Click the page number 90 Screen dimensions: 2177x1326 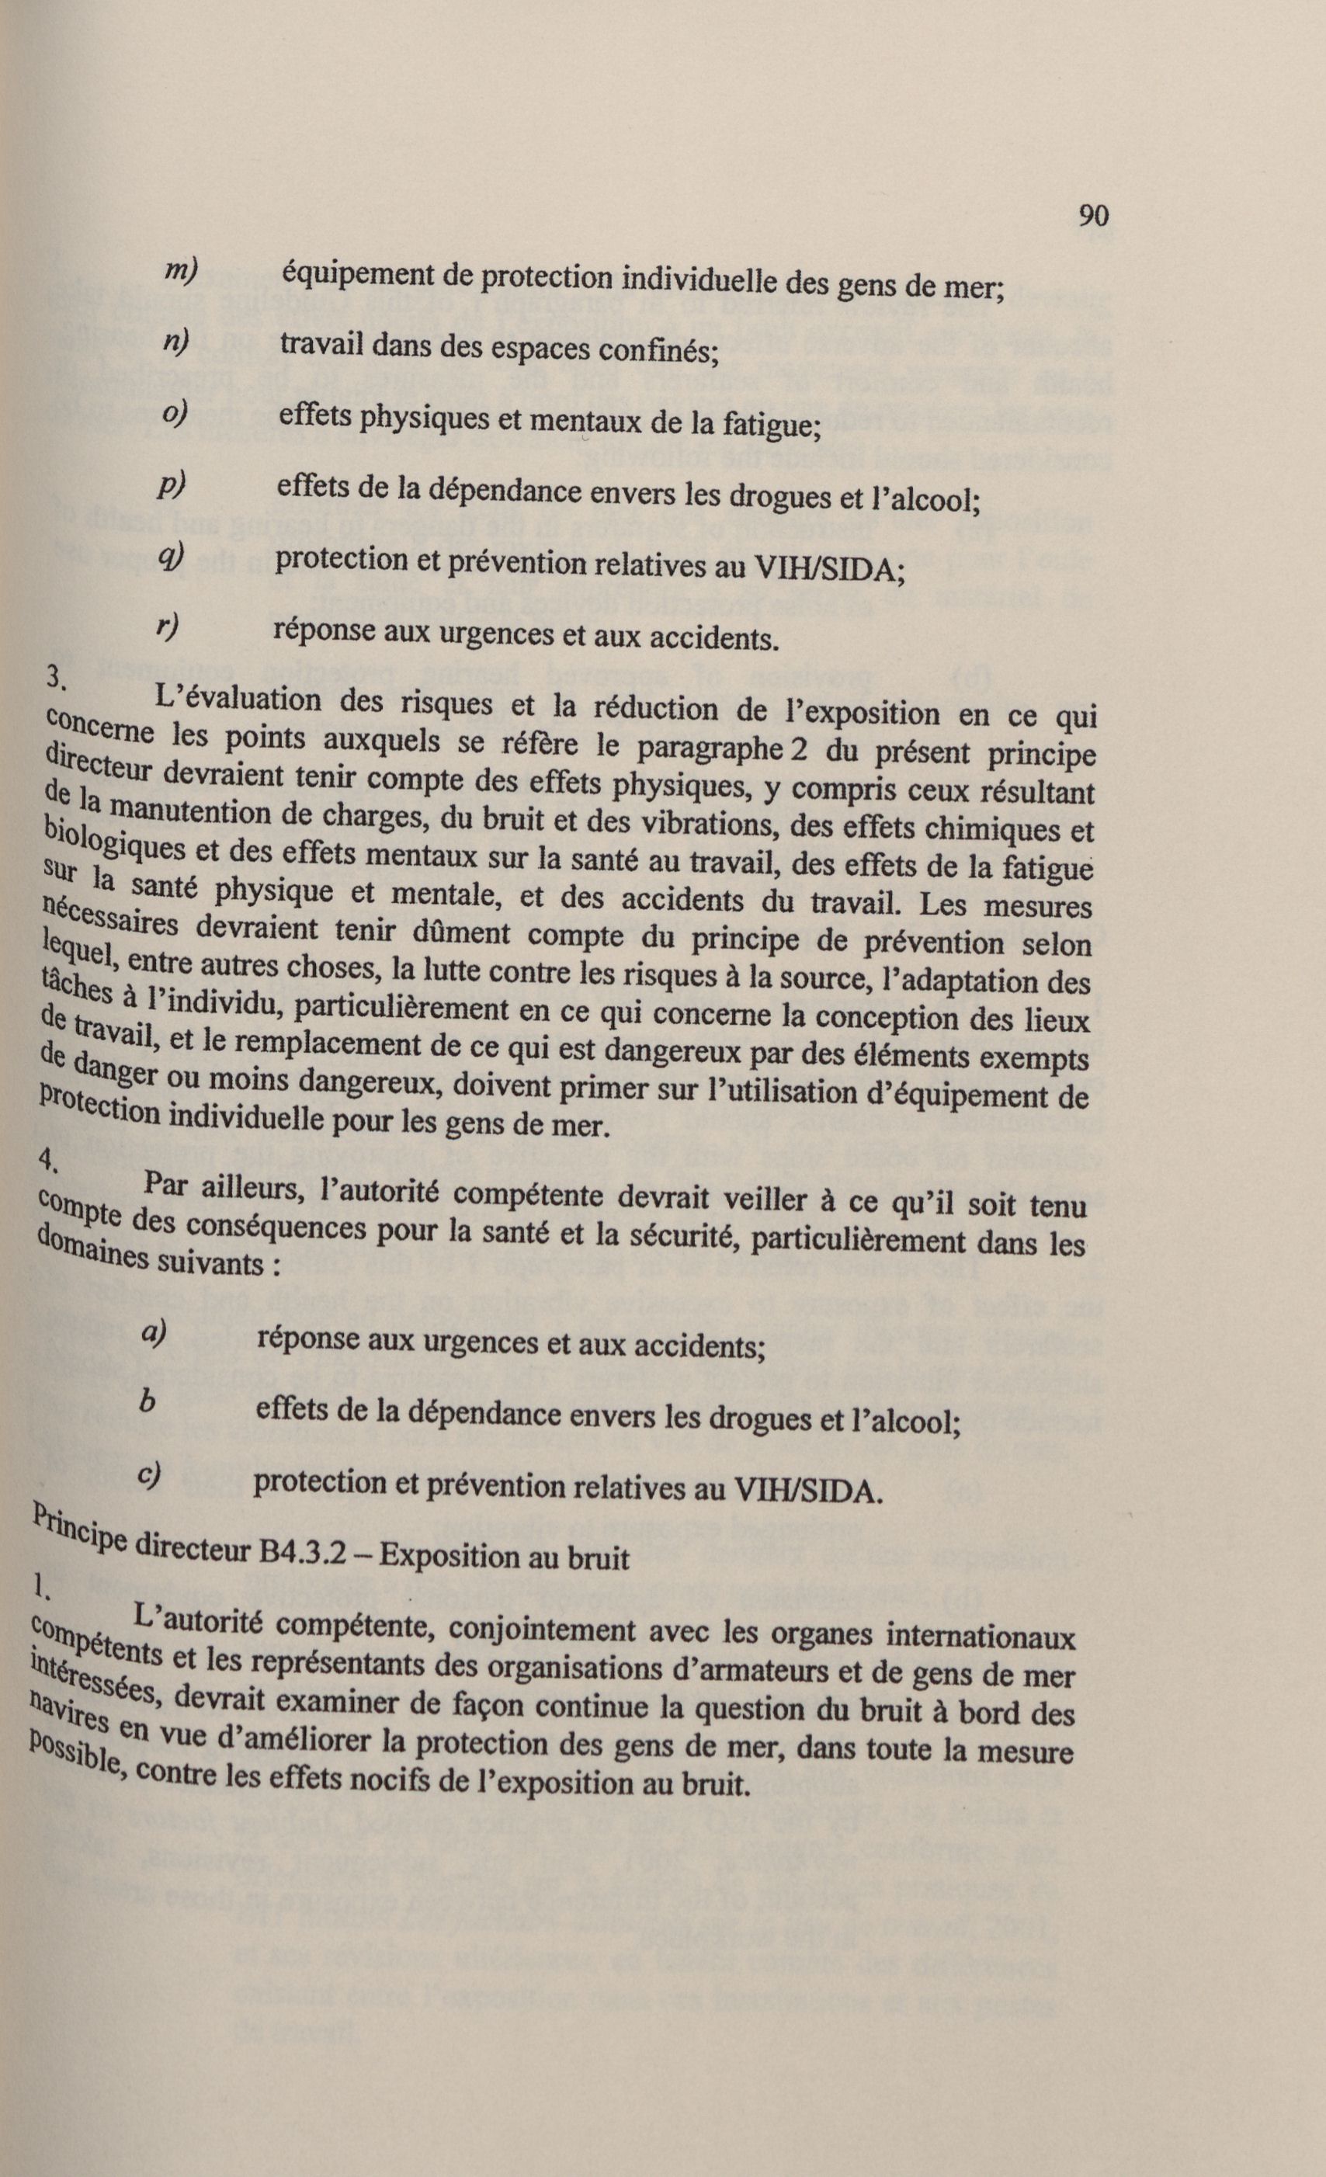[1093, 216]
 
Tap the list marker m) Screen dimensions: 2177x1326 [181, 274]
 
